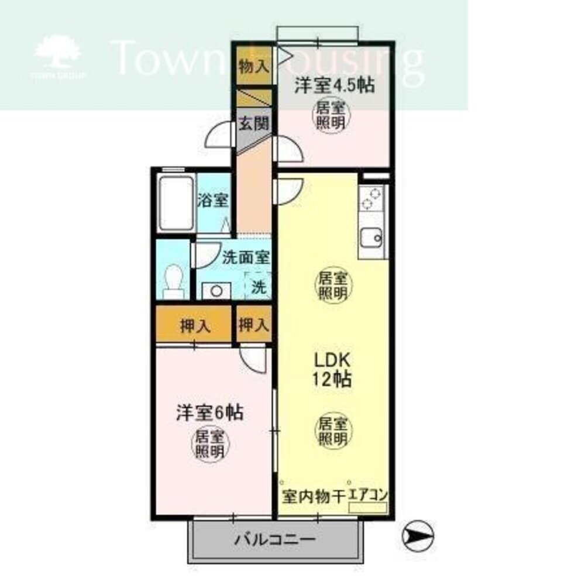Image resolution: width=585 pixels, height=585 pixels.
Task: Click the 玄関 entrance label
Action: [x=254, y=125]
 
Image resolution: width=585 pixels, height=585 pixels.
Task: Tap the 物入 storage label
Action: [x=253, y=66]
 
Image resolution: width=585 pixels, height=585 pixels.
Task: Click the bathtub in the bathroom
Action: [x=176, y=202]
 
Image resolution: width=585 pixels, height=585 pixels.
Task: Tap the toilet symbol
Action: [x=174, y=280]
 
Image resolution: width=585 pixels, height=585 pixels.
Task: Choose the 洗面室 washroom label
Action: [x=246, y=257]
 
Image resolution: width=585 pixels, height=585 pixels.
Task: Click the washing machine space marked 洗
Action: [x=258, y=287]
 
